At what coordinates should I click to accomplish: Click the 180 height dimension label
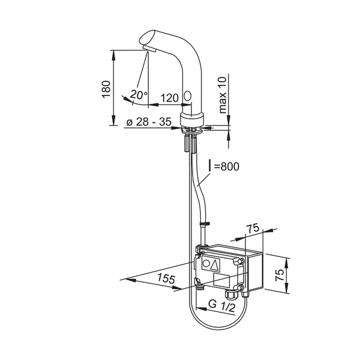tap(106, 89)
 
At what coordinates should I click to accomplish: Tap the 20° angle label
tap(139, 95)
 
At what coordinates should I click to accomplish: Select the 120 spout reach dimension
tap(169, 98)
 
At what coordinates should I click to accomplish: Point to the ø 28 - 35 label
tap(149, 122)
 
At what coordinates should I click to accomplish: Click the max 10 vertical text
tap(223, 95)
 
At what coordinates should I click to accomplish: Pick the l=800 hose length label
tap(224, 166)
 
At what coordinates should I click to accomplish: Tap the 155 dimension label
tap(166, 278)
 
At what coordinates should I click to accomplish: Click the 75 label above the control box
tap(253, 228)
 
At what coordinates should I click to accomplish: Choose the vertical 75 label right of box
tap(280, 275)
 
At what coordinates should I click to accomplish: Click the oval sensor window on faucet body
tap(188, 95)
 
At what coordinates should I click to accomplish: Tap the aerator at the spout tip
tap(149, 49)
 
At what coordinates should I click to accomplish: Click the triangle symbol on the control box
tap(215, 264)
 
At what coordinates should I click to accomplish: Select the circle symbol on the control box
tap(206, 263)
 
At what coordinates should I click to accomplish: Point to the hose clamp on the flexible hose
tap(205, 223)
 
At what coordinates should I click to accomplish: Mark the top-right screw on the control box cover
tap(241, 261)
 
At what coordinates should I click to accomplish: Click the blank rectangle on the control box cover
tap(221, 280)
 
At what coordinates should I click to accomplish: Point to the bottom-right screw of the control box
tap(241, 288)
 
